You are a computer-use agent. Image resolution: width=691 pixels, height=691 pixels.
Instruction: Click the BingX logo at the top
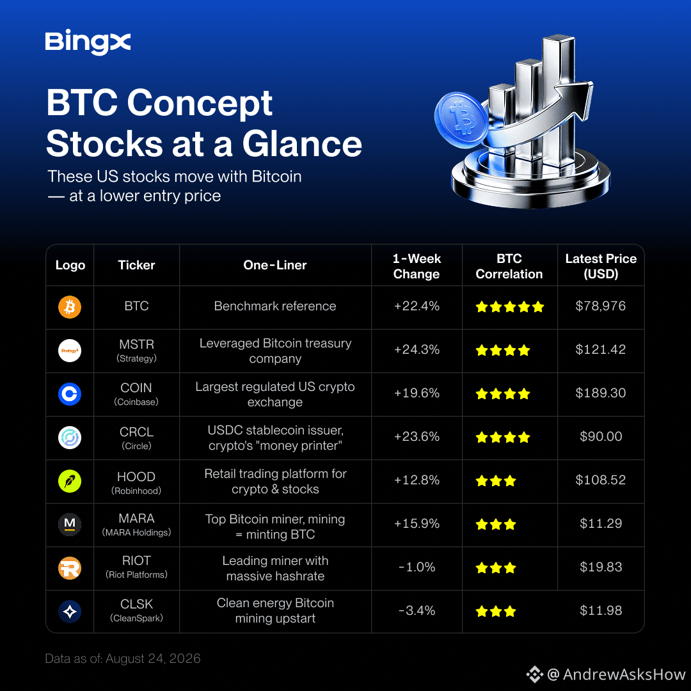click(88, 42)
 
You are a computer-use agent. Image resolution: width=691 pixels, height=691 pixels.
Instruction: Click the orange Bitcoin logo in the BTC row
click(70, 306)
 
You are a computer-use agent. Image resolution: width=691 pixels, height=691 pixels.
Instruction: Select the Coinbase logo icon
click(70, 394)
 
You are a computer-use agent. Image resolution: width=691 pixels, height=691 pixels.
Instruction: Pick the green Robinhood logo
click(70, 481)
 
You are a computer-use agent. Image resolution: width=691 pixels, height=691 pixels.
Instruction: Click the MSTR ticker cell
click(137, 351)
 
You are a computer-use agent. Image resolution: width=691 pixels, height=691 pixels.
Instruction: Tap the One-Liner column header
click(275, 265)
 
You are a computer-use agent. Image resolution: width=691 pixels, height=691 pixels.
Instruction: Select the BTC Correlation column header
click(509, 266)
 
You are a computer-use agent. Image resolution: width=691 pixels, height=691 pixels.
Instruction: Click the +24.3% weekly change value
click(417, 349)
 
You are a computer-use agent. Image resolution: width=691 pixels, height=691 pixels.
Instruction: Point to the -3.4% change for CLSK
click(417, 610)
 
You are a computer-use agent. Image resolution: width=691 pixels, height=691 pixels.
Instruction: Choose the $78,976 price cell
click(601, 306)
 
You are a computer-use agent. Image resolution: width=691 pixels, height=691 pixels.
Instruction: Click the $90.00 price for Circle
click(601, 436)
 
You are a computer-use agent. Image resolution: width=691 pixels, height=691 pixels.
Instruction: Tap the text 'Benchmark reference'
click(275, 306)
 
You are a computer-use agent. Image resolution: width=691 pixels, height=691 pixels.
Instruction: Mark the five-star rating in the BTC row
click(510, 306)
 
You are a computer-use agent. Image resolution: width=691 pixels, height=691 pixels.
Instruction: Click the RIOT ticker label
click(137, 560)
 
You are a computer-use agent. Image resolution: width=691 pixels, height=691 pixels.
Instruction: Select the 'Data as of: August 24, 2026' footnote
click(122, 658)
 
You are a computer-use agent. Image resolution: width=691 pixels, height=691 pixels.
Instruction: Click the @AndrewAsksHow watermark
click(606, 674)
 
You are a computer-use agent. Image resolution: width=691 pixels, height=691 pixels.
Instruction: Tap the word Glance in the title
click(302, 144)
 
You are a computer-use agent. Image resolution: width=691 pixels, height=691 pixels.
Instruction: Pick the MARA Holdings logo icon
click(70, 525)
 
